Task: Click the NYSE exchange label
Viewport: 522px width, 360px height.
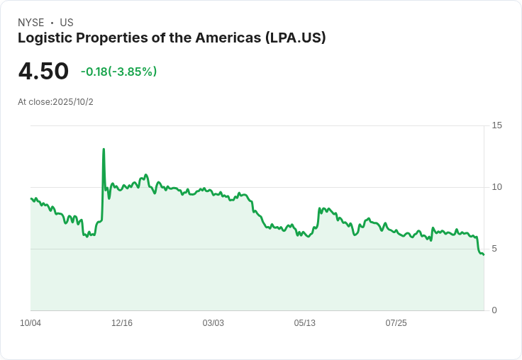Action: click(30, 23)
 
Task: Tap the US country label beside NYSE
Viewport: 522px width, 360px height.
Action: click(67, 23)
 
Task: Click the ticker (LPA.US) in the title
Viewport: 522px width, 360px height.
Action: click(296, 38)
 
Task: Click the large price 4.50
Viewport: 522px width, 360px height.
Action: click(43, 71)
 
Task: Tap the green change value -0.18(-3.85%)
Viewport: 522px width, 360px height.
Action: click(118, 72)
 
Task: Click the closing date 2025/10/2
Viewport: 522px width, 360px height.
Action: click(73, 102)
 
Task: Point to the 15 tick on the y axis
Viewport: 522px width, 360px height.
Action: click(497, 125)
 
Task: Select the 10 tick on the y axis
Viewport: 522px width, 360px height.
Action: click(497, 187)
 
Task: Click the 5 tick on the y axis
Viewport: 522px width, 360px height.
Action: click(495, 249)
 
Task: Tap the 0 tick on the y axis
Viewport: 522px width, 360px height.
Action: click(495, 310)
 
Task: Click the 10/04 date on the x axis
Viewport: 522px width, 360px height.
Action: click(30, 323)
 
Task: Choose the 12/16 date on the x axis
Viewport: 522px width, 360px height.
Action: click(122, 323)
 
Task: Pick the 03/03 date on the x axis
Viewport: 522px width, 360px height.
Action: click(213, 323)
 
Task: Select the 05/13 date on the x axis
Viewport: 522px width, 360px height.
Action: click(304, 323)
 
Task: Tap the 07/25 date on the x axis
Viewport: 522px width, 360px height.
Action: click(396, 323)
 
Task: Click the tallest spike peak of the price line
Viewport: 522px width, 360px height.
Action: click(104, 150)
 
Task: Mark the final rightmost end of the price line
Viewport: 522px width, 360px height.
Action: click(483, 254)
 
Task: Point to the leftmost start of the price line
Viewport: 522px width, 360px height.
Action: click(31, 198)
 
